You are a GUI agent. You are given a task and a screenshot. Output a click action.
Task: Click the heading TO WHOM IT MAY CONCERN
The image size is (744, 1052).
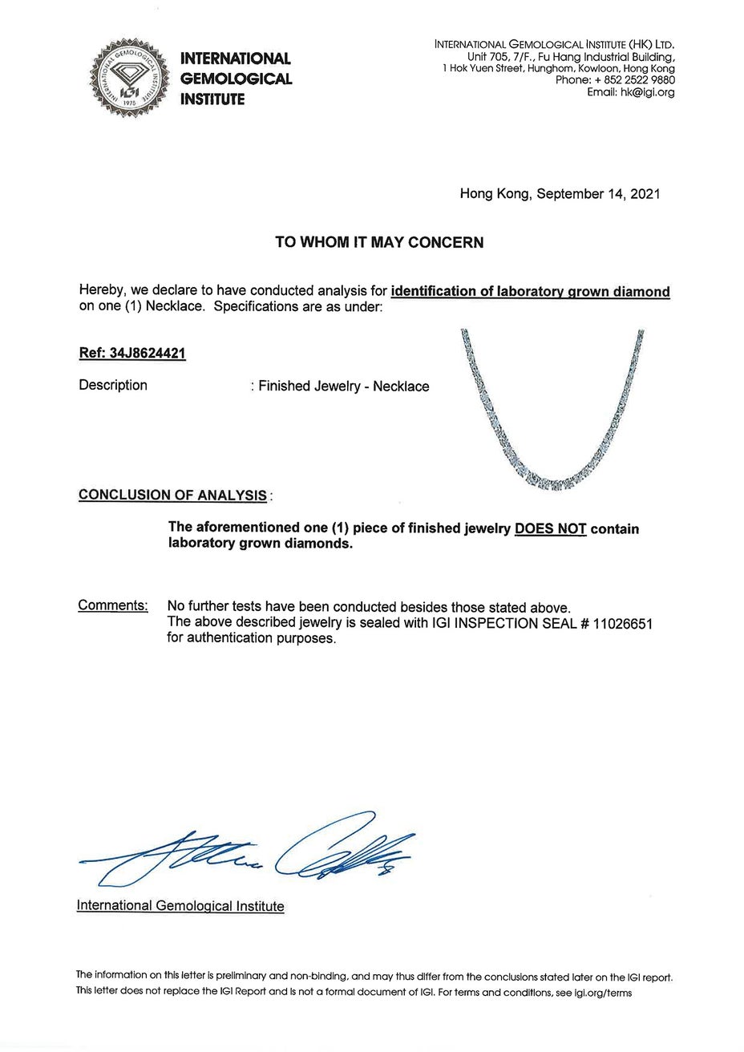point(379,242)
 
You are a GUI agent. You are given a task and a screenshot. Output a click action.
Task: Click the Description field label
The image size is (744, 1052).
point(113,385)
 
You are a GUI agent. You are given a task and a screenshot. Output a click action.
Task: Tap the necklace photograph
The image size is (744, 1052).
point(553,409)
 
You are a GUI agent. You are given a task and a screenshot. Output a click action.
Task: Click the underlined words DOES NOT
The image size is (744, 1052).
point(550,529)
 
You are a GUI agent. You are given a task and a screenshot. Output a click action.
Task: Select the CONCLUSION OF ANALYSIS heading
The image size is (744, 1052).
point(172,495)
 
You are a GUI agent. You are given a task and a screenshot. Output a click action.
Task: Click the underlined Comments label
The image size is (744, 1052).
point(112,605)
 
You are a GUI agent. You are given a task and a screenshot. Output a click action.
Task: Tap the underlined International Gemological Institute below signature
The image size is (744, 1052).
point(180,906)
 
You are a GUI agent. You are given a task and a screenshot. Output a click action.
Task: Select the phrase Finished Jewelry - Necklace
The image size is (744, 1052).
point(343,386)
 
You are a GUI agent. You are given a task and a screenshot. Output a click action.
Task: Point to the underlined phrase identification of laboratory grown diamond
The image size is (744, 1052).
point(530,292)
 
